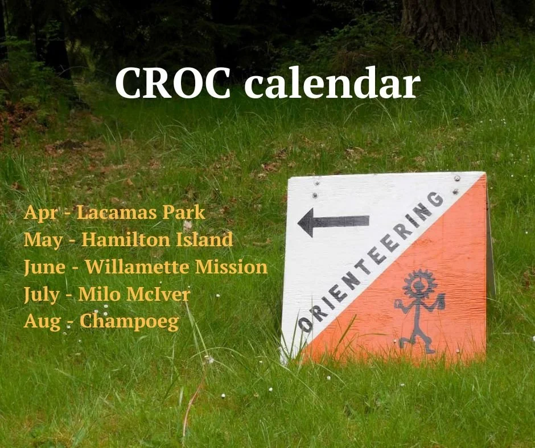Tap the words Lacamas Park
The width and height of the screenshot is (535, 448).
(141, 213)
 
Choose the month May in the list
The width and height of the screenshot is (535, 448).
(43, 240)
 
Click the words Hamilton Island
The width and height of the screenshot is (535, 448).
(157, 239)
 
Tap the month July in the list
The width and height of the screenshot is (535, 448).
(42, 294)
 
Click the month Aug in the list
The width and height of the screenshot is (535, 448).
(41, 321)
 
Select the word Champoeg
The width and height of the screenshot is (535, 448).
(129, 321)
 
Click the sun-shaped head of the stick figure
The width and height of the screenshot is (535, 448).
(420, 283)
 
